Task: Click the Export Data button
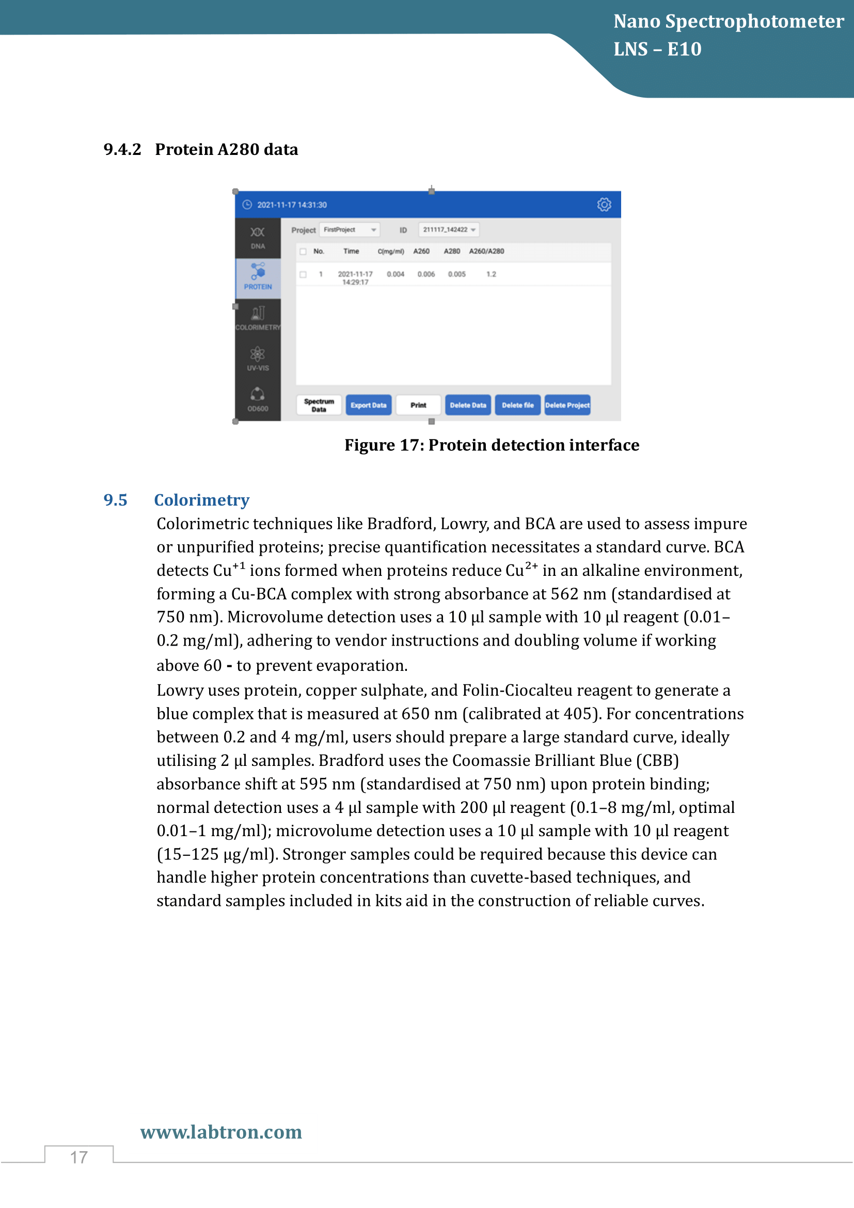(368, 405)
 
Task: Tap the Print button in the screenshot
(418, 405)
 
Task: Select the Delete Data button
(467, 405)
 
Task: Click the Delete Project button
(567, 405)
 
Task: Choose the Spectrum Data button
(319, 405)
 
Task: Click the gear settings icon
(604, 205)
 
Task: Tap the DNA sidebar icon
(258, 237)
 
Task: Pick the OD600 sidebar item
(258, 399)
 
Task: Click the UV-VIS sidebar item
(258, 359)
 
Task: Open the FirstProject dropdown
(350, 230)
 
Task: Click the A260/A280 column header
(486, 252)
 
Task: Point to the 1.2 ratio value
(491, 274)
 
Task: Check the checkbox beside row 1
(303, 275)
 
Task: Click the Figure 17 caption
(492, 445)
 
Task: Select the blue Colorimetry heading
(201, 500)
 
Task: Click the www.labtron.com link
(221, 1132)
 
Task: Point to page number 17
(79, 1157)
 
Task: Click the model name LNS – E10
(657, 50)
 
